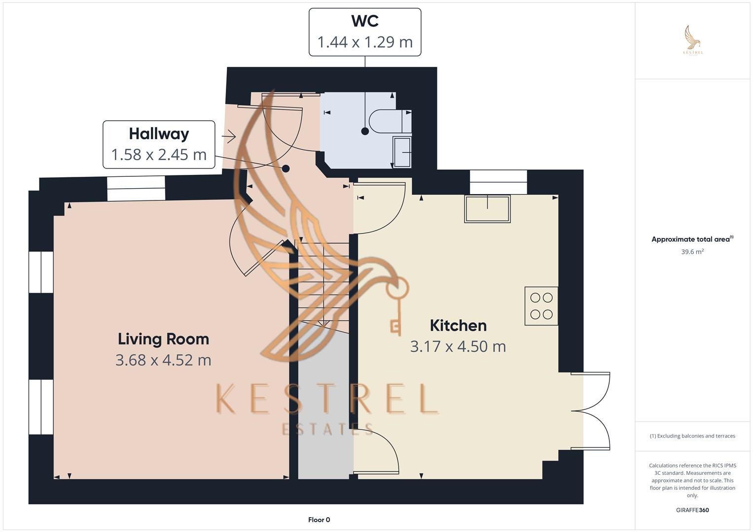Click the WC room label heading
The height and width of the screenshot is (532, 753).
[365, 21]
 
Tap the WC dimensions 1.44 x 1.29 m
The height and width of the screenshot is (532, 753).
[365, 42]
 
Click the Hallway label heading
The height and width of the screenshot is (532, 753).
[159, 134]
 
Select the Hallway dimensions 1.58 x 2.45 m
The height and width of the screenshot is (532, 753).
[159, 155]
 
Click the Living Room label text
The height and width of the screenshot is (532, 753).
[163, 339]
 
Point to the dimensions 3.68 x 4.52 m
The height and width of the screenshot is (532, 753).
[163, 360]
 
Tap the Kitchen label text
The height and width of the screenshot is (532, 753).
[458, 326]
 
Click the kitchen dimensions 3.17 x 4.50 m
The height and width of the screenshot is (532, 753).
[458, 347]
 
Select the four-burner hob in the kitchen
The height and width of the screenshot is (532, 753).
[541, 306]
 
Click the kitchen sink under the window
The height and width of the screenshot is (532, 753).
[487, 209]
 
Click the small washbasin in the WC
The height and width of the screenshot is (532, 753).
[402, 152]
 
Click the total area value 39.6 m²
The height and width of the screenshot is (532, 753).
[692, 252]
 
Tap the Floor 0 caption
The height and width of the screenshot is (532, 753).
[319, 520]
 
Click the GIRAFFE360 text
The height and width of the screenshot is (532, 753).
[692, 510]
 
